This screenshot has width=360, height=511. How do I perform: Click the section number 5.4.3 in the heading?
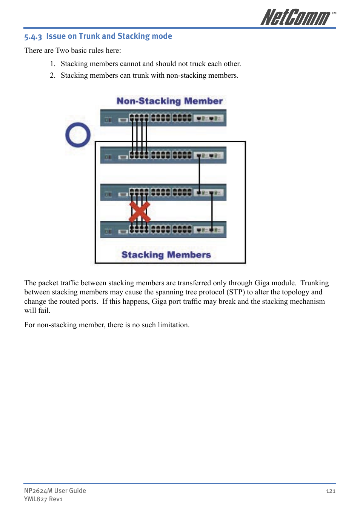(33, 37)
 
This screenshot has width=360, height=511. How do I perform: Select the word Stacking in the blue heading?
(134, 36)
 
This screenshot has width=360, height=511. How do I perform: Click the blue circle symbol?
(78, 135)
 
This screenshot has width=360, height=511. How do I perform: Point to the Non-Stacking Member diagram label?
(169, 101)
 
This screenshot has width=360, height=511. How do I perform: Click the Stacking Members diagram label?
(166, 255)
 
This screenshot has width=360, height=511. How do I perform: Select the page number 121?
(331, 491)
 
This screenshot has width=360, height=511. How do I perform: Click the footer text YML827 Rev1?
(43, 499)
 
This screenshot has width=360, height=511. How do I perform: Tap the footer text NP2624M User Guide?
(55, 491)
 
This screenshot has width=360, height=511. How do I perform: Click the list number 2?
(52, 75)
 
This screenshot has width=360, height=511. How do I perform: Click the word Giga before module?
(262, 283)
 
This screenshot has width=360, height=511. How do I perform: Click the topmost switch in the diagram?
(163, 118)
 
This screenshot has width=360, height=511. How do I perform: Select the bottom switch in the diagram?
(163, 229)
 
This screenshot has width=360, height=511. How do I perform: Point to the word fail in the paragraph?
(44, 311)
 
